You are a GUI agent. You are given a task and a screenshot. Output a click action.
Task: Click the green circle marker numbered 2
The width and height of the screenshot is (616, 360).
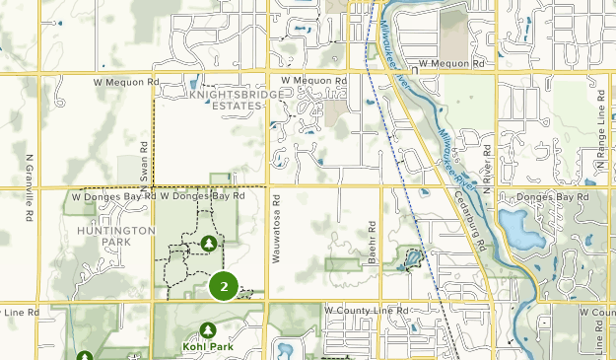(224, 287)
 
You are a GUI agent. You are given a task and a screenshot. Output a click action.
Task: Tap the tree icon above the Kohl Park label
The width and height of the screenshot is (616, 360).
(208, 329)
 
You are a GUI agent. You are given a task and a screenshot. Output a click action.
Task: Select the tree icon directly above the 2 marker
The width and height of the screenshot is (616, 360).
(208, 242)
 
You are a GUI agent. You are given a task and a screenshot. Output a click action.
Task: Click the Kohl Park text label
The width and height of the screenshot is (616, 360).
(208, 347)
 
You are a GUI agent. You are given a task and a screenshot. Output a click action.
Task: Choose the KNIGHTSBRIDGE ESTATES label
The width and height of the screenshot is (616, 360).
(225, 100)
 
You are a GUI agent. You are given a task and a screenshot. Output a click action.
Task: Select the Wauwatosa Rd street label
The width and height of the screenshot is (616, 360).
(279, 225)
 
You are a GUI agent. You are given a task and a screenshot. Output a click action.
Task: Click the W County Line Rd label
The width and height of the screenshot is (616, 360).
(366, 311)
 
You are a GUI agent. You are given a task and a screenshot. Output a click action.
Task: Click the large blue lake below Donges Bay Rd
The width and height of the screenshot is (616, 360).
(515, 229)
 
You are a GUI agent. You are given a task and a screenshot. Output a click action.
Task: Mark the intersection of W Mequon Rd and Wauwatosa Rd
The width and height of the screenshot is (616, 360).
(269, 72)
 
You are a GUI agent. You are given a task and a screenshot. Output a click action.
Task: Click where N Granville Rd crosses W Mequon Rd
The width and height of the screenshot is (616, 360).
(39, 72)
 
